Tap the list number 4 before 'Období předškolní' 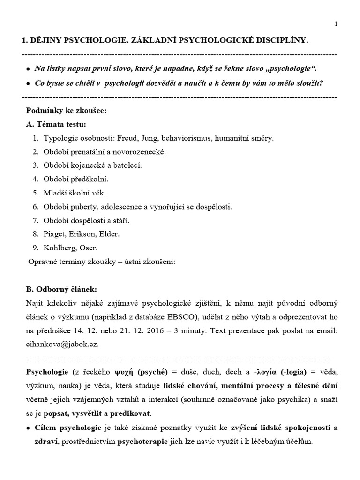coord(35,179)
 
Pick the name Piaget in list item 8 coord(55,233)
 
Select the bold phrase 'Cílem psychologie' coord(67,427)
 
